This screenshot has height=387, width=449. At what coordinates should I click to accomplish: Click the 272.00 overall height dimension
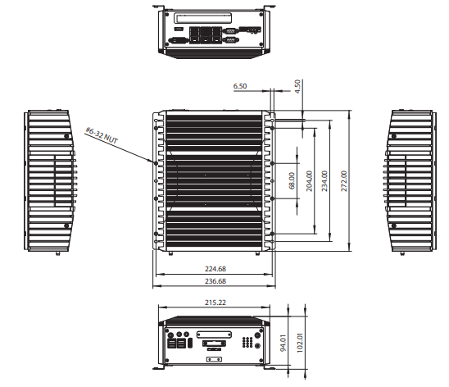point(344,181)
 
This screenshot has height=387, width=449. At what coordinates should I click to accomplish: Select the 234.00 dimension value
point(324,181)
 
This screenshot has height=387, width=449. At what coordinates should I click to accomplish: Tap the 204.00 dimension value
point(309,181)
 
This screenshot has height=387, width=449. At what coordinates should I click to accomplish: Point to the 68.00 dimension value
point(292,180)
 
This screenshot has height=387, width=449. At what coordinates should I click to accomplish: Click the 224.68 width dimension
point(215,269)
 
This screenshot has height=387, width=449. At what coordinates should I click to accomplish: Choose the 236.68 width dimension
point(215,281)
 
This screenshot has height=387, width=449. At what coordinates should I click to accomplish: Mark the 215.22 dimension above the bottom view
point(215,303)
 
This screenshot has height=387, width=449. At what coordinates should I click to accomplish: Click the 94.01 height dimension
point(283,344)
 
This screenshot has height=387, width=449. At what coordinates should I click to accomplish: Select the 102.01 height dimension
point(300,343)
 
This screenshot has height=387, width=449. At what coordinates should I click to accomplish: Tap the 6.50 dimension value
point(240,86)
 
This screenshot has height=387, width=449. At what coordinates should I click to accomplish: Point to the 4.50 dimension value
point(297,87)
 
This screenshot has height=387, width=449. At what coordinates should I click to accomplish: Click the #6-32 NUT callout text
point(102,135)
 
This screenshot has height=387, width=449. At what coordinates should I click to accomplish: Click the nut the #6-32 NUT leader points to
point(156,163)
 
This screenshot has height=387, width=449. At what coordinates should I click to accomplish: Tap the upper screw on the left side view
point(66,136)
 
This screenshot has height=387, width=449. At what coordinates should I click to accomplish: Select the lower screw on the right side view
point(394,226)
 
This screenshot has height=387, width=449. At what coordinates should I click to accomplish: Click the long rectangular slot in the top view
point(203,18)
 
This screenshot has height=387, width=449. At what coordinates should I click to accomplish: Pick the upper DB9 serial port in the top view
point(230,30)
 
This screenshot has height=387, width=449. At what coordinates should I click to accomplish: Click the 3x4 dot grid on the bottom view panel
point(247,342)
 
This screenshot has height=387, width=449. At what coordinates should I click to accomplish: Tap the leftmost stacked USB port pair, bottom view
point(171,344)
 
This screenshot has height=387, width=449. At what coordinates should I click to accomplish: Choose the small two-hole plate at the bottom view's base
point(214,359)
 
